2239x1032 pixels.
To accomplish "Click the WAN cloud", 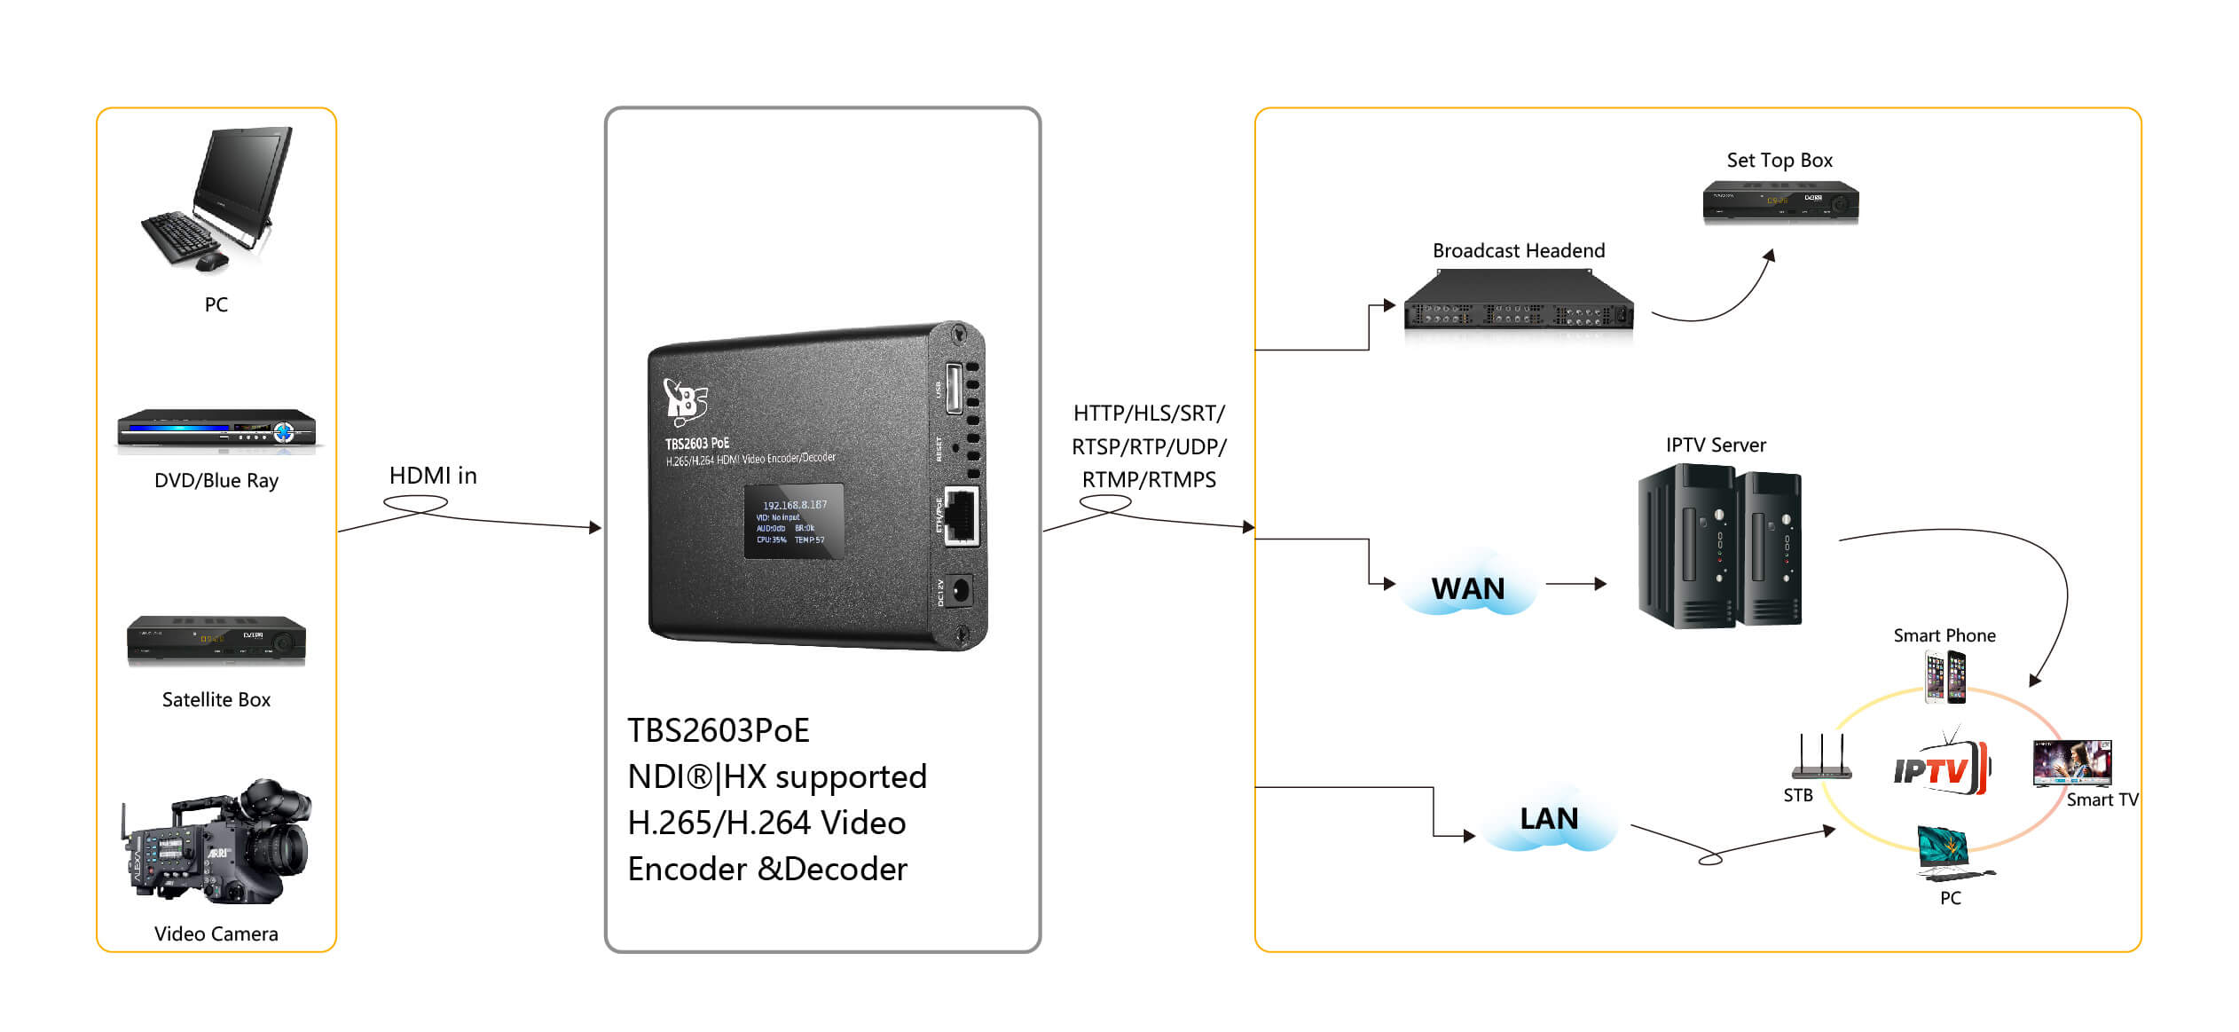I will (x=1468, y=588).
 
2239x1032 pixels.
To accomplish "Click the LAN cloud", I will (x=1549, y=819).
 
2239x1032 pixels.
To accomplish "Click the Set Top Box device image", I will (x=1779, y=202).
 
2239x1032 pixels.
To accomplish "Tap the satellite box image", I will (x=216, y=640).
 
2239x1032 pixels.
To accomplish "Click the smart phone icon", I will (x=1944, y=677).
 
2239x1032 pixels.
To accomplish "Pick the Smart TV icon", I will (x=2071, y=763).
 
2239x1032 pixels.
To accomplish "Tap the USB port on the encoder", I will (x=954, y=388).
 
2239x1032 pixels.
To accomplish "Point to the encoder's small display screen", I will (x=793, y=522).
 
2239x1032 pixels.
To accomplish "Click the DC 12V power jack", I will (x=959, y=589).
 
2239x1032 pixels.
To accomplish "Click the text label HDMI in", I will (x=433, y=476).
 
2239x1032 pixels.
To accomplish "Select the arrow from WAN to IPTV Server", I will (x=1575, y=584).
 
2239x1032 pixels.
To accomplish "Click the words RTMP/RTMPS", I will (x=1149, y=480).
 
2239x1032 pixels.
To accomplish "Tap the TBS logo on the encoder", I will (x=685, y=399).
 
